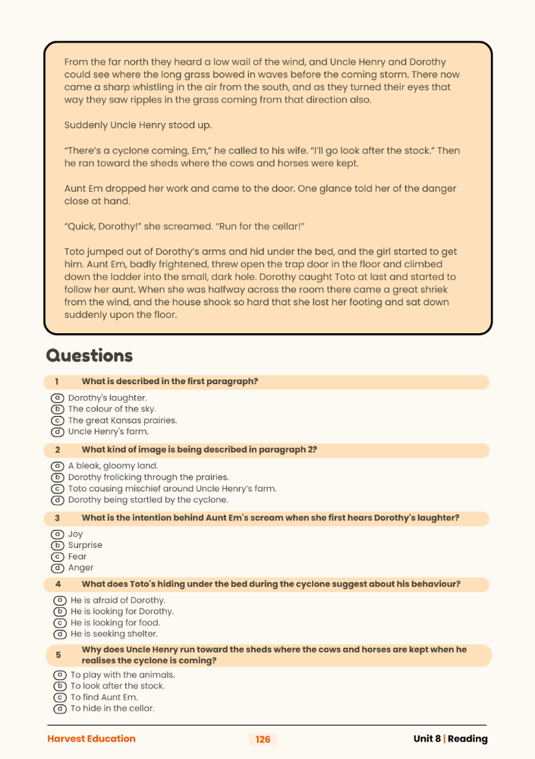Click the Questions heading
pos(90,355)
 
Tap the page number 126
pos(263,739)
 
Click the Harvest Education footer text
pos(91,739)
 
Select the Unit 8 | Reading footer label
pos(450,739)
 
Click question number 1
pos(56,382)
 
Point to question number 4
pos(56,584)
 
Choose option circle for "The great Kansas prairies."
pos(57,420)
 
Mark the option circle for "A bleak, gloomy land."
pos(57,466)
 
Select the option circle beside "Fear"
pos(57,556)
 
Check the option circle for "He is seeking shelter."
pos(60,634)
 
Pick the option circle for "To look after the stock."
pos(60,686)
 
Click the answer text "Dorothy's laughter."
pos(107,398)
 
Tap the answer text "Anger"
pos(80,568)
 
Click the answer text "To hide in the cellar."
pos(112,708)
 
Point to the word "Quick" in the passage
pos(83,226)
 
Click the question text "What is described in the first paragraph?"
pos(169,382)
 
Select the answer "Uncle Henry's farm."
pos(108,432)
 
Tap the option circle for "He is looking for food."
pos(60,622)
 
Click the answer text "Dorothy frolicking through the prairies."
pos(148,477)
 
